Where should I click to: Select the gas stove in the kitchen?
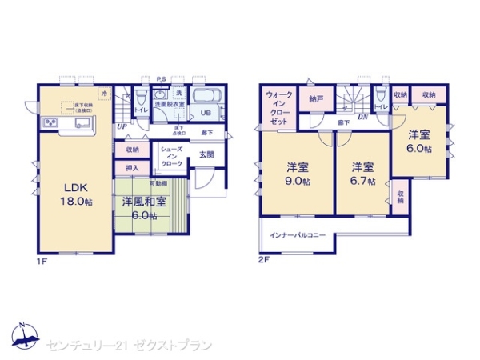tap(49, 122)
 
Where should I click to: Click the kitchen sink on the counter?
tap(82, 122)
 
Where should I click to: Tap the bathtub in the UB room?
tap(206, 97)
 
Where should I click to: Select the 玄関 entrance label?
tap(206, 155)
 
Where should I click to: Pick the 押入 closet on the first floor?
tap(132, 168)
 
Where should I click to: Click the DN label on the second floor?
tap(362, 117)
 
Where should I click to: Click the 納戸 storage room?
tap(315, 98)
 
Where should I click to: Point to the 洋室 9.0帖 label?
tap(298, 174)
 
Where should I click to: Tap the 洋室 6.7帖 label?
tap(363, 174)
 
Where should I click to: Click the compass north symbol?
tap(24, 337)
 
